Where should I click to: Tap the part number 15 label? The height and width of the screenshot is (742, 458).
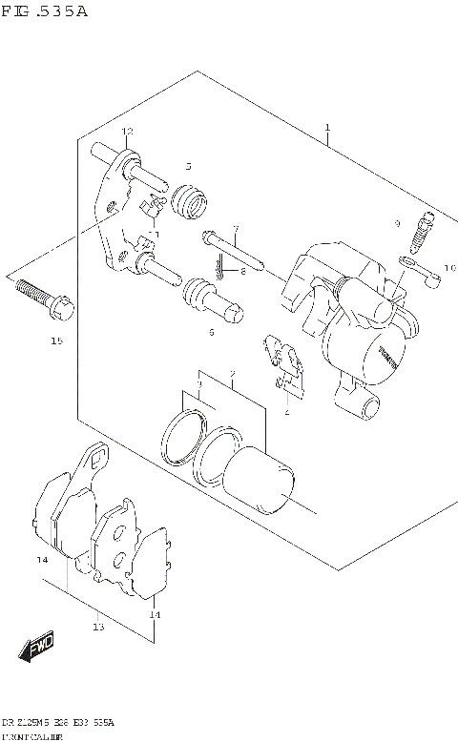(x=56, y=340)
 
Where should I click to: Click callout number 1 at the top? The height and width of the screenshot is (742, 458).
(x=326, y=127)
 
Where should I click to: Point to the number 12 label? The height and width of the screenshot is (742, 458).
(x=127, y=131)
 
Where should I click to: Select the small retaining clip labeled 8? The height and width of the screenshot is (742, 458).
(x=221, y=271)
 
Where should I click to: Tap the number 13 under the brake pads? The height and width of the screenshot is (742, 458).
(x=97, y=627)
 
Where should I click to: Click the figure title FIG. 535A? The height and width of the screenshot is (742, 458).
(x=45, y=11)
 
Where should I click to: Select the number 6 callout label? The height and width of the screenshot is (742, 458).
(x=211, y=332)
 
